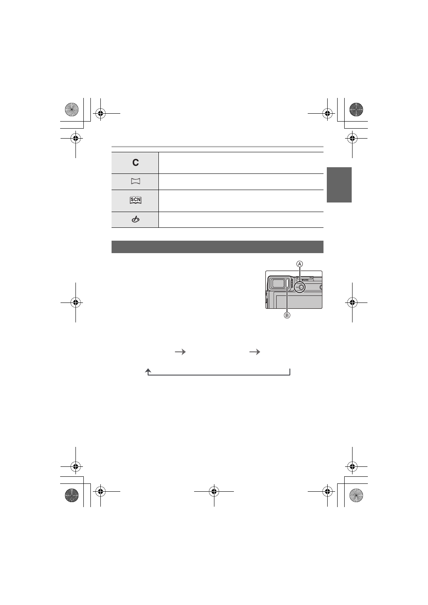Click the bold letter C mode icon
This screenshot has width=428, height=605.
pos(136,162)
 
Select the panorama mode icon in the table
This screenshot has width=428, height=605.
pos(136,181)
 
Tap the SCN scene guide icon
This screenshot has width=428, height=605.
pos(136,200)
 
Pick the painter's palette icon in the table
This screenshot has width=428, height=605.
pos(136,220)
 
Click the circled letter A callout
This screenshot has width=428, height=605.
pos(299,264)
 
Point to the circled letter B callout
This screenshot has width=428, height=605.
pos(287,315)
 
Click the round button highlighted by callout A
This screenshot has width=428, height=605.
pos(302,287)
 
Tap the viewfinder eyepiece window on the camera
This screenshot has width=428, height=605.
pos(278,283)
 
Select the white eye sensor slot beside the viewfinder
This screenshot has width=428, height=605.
pos(287,285)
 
